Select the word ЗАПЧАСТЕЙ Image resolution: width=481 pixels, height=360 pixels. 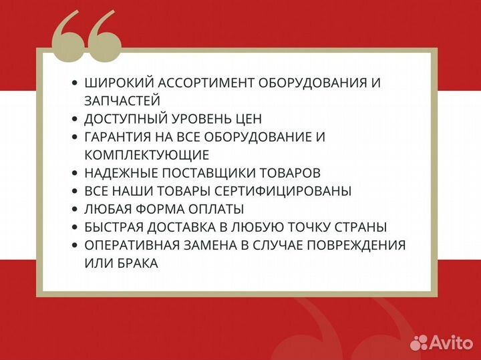click(122, 101)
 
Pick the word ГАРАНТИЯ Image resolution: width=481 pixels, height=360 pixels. click(118, 137)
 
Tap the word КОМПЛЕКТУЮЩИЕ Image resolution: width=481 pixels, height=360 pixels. click(147, 155)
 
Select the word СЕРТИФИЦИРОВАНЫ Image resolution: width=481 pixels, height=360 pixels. click(291, 191)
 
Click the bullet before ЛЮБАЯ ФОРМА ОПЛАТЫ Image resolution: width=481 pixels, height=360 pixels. click(74, 209)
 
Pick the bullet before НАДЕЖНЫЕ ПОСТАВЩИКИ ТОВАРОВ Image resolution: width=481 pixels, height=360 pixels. click(74, 173)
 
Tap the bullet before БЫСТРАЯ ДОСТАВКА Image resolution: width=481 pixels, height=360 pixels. click(74, 227)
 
